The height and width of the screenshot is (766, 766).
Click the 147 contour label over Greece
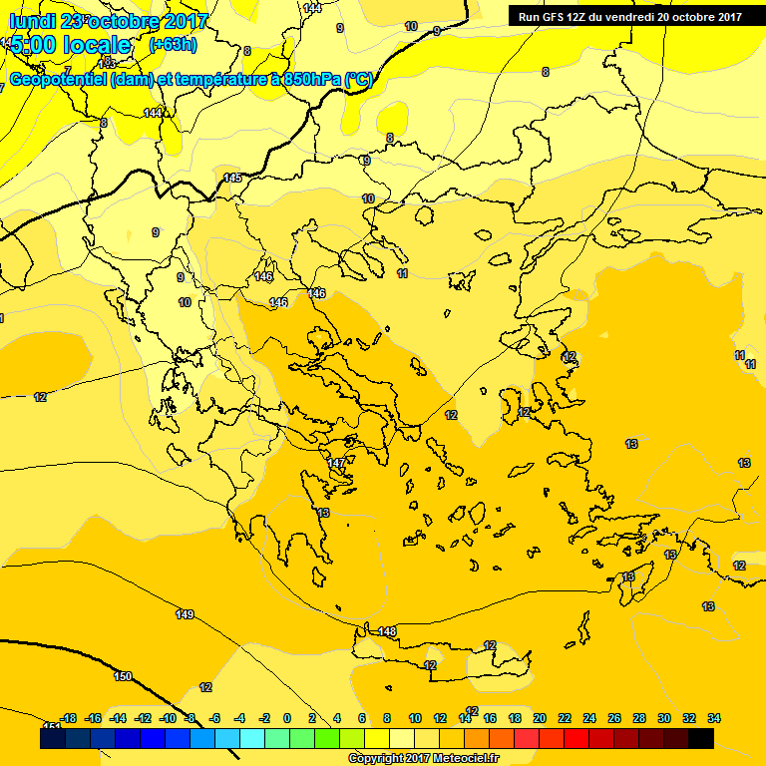(336, 464)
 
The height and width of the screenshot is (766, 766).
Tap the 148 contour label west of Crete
(387, 631)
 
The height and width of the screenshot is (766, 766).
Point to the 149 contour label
(185, 614)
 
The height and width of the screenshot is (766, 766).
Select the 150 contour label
(122, 676)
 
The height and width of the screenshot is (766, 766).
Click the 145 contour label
(232, 178)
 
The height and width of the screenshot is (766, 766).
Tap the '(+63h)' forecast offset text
(173, 45)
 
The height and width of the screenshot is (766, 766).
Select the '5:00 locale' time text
(70, 45)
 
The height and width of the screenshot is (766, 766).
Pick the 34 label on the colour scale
(714, 718)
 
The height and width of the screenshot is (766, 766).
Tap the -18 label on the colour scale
(68, 718)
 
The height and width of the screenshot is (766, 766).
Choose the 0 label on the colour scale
(287, 718)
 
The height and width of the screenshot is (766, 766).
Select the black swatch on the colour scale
(701, 738)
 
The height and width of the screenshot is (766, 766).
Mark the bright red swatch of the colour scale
(576, 738)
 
